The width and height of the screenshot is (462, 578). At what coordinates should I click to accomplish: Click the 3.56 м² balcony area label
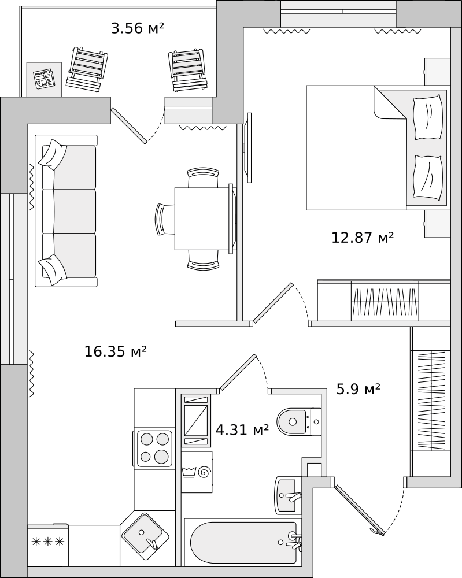click(x=138, y=28)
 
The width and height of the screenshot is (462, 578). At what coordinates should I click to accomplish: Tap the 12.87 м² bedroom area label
click(x=363, y=237)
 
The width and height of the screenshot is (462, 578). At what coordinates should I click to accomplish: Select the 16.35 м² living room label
click(x=116, y=351)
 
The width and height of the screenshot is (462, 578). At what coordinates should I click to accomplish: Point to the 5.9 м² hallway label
click(x=358, y=389)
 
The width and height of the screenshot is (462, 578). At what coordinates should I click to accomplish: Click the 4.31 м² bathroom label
click(x=242, y=430)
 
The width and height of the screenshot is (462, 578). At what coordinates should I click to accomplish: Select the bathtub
click(x=243, y=542)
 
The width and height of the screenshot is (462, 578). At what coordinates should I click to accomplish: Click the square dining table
click(x=203, y=218)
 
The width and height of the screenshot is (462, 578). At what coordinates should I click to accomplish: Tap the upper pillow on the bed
click(x=428, y=117)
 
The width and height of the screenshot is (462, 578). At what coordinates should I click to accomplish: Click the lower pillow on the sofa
click(x=53, y=269)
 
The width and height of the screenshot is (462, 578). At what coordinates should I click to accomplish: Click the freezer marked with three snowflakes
click(x=48, y=545)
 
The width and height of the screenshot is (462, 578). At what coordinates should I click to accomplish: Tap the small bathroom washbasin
click(x=288, y=495)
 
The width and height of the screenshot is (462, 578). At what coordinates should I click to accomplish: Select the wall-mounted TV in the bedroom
click(x=249, y=147)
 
